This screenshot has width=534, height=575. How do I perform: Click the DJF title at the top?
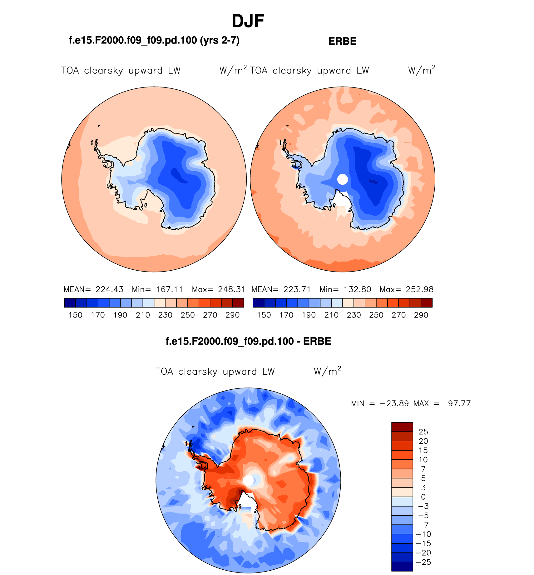click(248, 21)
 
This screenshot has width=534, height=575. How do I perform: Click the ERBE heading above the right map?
click(342, 41)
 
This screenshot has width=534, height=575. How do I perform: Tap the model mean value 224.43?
click(109, 289)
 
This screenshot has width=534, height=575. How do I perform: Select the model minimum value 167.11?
click(169, 289)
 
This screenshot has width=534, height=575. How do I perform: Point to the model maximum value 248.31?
click(231, 289)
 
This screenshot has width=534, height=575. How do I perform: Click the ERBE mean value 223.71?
click(297, 289)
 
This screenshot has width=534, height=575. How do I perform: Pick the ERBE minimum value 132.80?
click(357, 289)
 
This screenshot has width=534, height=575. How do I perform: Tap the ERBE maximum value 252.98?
click(420, 289)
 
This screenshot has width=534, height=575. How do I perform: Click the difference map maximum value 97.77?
click(459, 403)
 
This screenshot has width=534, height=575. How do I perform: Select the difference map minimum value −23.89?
click(394, 403)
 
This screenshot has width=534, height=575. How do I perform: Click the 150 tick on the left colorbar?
click(75, 315)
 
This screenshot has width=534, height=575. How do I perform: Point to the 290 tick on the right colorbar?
click(421, 315)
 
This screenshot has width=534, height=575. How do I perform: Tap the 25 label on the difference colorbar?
click(423, 432)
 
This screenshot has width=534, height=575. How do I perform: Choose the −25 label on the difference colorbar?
click(423, 562)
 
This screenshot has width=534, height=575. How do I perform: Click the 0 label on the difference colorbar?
click(423, 497)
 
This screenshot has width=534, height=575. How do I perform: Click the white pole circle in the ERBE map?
click(343, 179)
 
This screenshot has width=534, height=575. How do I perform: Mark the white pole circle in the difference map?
click(248, 480)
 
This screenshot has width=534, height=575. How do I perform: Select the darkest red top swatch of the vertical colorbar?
click(402, 427)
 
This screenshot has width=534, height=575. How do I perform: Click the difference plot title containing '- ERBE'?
click(248, 341)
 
